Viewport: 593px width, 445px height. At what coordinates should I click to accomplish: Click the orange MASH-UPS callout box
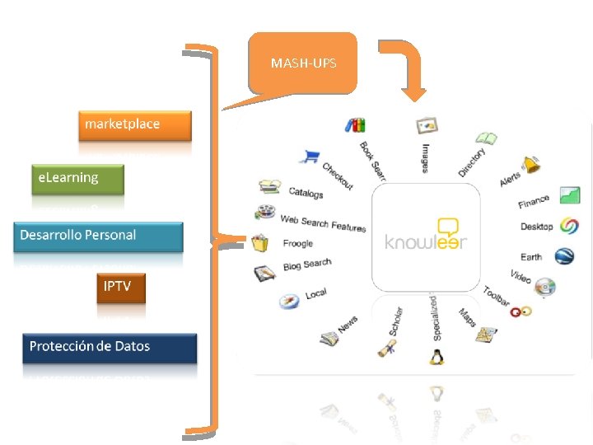click(x=303, y=63)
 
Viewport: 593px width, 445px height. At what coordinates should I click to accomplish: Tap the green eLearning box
click(x=77, y=178)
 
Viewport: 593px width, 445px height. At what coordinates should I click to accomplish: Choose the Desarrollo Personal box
click(x=98, y=236)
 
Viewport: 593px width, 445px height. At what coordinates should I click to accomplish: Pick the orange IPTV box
click(x=121, y=288)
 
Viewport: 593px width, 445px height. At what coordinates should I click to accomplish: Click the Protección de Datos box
click(x=110, y=347)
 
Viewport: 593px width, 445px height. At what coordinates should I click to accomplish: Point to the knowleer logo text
click(x=425, y=241)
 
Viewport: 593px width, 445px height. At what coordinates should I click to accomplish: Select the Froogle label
click(x=298, y=243)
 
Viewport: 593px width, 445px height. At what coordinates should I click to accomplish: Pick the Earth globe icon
click(x=564, y=255)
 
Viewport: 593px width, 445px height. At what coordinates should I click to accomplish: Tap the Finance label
click(x=534, y=201)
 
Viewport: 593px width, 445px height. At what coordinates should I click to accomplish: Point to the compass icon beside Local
click(x=287, y=302)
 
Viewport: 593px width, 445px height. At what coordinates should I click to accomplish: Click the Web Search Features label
click(x=323, y=222)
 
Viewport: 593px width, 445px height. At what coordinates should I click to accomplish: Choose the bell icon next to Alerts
click(x=532, y=164)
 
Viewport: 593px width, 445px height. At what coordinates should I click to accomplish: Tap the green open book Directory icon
click(x=486, y=138)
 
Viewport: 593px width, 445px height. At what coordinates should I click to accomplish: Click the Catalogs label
click(x=306, y=193)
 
